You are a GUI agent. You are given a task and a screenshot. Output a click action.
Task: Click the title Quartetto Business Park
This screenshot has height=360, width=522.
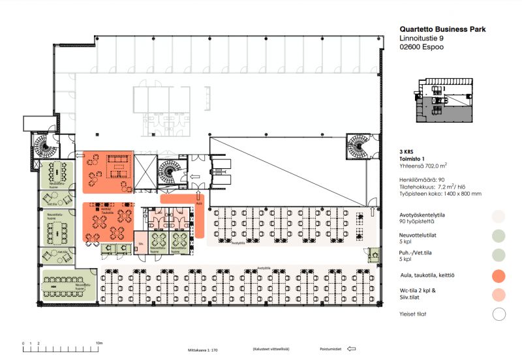pos(442,29)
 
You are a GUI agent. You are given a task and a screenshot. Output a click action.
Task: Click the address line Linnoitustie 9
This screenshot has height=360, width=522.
pos(425,40)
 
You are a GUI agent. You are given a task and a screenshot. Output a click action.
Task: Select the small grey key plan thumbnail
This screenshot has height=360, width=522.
pos(443,100)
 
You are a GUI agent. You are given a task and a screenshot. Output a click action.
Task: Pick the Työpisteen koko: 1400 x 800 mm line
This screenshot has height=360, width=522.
pos(440,193)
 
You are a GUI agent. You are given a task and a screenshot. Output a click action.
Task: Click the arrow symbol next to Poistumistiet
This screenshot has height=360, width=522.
pos(352,349)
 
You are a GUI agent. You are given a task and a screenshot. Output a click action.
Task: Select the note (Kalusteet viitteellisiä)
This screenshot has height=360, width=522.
pos(271,349)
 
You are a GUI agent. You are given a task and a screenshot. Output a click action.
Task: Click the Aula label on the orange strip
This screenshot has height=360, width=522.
pos(200,203)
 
